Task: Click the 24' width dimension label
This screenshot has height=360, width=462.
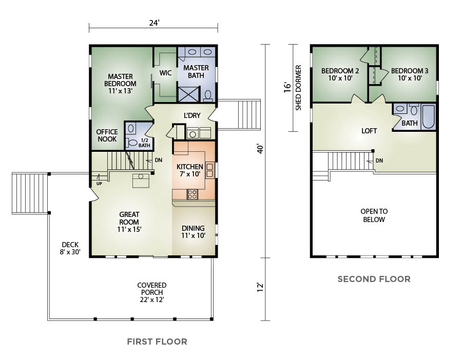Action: click(x=154, y=23)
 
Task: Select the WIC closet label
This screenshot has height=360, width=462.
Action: click(x=165, y=73)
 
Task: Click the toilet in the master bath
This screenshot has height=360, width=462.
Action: click(x=208, y=96)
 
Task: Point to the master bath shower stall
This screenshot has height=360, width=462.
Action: click(x=189, y=94)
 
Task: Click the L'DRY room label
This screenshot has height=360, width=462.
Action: click(x=192, y=116)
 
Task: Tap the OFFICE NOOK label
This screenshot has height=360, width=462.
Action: click(x=107, y=135)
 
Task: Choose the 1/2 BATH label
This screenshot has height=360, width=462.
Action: click(x=144, y=143)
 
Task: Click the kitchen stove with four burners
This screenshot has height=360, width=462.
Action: click(x=192, y=194)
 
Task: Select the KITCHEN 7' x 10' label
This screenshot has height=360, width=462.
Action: click(x=190, y=170)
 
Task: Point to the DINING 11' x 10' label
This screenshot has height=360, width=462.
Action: click(x=194, y=232)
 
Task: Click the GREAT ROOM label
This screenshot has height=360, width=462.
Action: click(x=129, y=222)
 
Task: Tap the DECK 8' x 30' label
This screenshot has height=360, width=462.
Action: click(x=70, y=248)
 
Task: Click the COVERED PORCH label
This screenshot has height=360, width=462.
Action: click(x=152, y=292)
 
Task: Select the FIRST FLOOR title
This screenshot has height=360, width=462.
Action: click(x=157, y=342)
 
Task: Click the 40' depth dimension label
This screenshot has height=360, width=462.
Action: click(x=260, y=149)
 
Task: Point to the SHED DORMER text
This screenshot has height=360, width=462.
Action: click(x=298, y=88)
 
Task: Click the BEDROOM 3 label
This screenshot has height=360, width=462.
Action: click(x=410, y=74)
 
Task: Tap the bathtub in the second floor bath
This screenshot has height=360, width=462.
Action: click(x=429, y=116)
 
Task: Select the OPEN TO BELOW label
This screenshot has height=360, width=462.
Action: click(x=374, y=215)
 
